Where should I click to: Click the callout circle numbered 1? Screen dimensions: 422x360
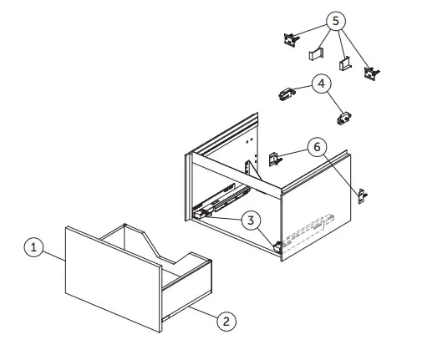coord(33,247)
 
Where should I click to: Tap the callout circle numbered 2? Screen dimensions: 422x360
coord(226,321)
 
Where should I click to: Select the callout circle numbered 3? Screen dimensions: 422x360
coord(251,221)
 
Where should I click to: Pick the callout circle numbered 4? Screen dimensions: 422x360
coord(322,84)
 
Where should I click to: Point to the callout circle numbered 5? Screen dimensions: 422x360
coord(336,21)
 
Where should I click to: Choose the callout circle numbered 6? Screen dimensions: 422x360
coord(318,147)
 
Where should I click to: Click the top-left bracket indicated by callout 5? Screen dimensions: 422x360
coord(292,40)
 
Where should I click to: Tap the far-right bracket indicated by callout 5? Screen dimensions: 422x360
coord(372,74)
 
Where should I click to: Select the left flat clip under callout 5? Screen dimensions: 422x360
coord(316,53)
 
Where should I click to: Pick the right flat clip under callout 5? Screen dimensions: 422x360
coord(345,64)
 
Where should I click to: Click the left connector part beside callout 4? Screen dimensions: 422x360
coord(287,94)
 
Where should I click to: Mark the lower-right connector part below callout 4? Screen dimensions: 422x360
coord(344,119)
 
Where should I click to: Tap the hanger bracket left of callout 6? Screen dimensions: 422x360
coord(275,160)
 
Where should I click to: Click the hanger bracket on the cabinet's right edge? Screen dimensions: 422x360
coord(363,196)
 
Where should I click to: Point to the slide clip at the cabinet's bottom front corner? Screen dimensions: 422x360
coord(277,246)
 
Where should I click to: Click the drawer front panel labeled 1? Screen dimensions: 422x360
coord(114,279)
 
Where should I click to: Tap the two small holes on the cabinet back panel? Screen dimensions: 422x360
coord(249,140)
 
